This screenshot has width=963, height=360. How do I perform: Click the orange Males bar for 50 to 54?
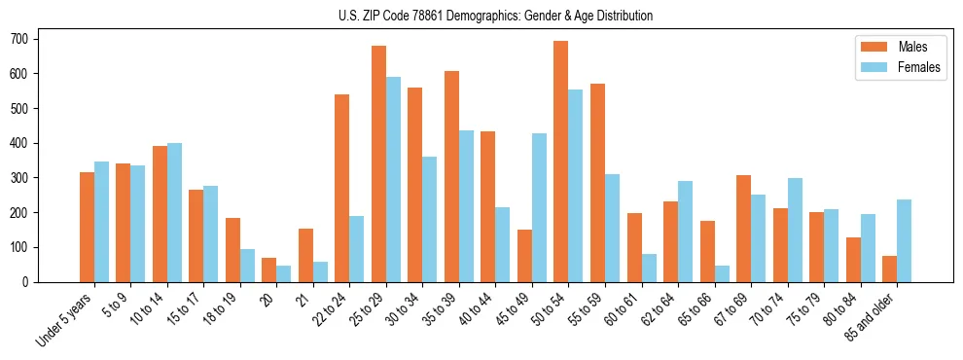click(560, 162)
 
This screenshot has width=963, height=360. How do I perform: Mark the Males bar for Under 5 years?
click(87, 227)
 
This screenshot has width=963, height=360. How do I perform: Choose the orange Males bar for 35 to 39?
click(451, 176)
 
